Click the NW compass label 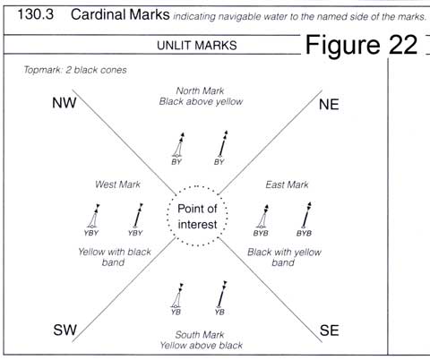(64, 103)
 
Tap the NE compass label (329, 105)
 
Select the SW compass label (65, 330)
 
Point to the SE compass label (330, 330)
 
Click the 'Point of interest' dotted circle (197, 186)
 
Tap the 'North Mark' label (200, 90)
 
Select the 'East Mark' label (287, 184)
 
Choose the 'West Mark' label (117, 184)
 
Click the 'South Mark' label (200, 335)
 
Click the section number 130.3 (36, 14)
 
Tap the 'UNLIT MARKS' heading (197, 46)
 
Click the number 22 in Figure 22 (403, 45)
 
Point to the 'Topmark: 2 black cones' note (75, 70)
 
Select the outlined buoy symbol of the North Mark (178, 145)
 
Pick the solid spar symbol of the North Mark (223, 144)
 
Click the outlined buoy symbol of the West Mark (93, 216)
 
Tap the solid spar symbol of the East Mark (306, 215)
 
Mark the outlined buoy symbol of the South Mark (177, 296)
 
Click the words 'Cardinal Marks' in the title (120, 14)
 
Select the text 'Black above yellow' (201, 101)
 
